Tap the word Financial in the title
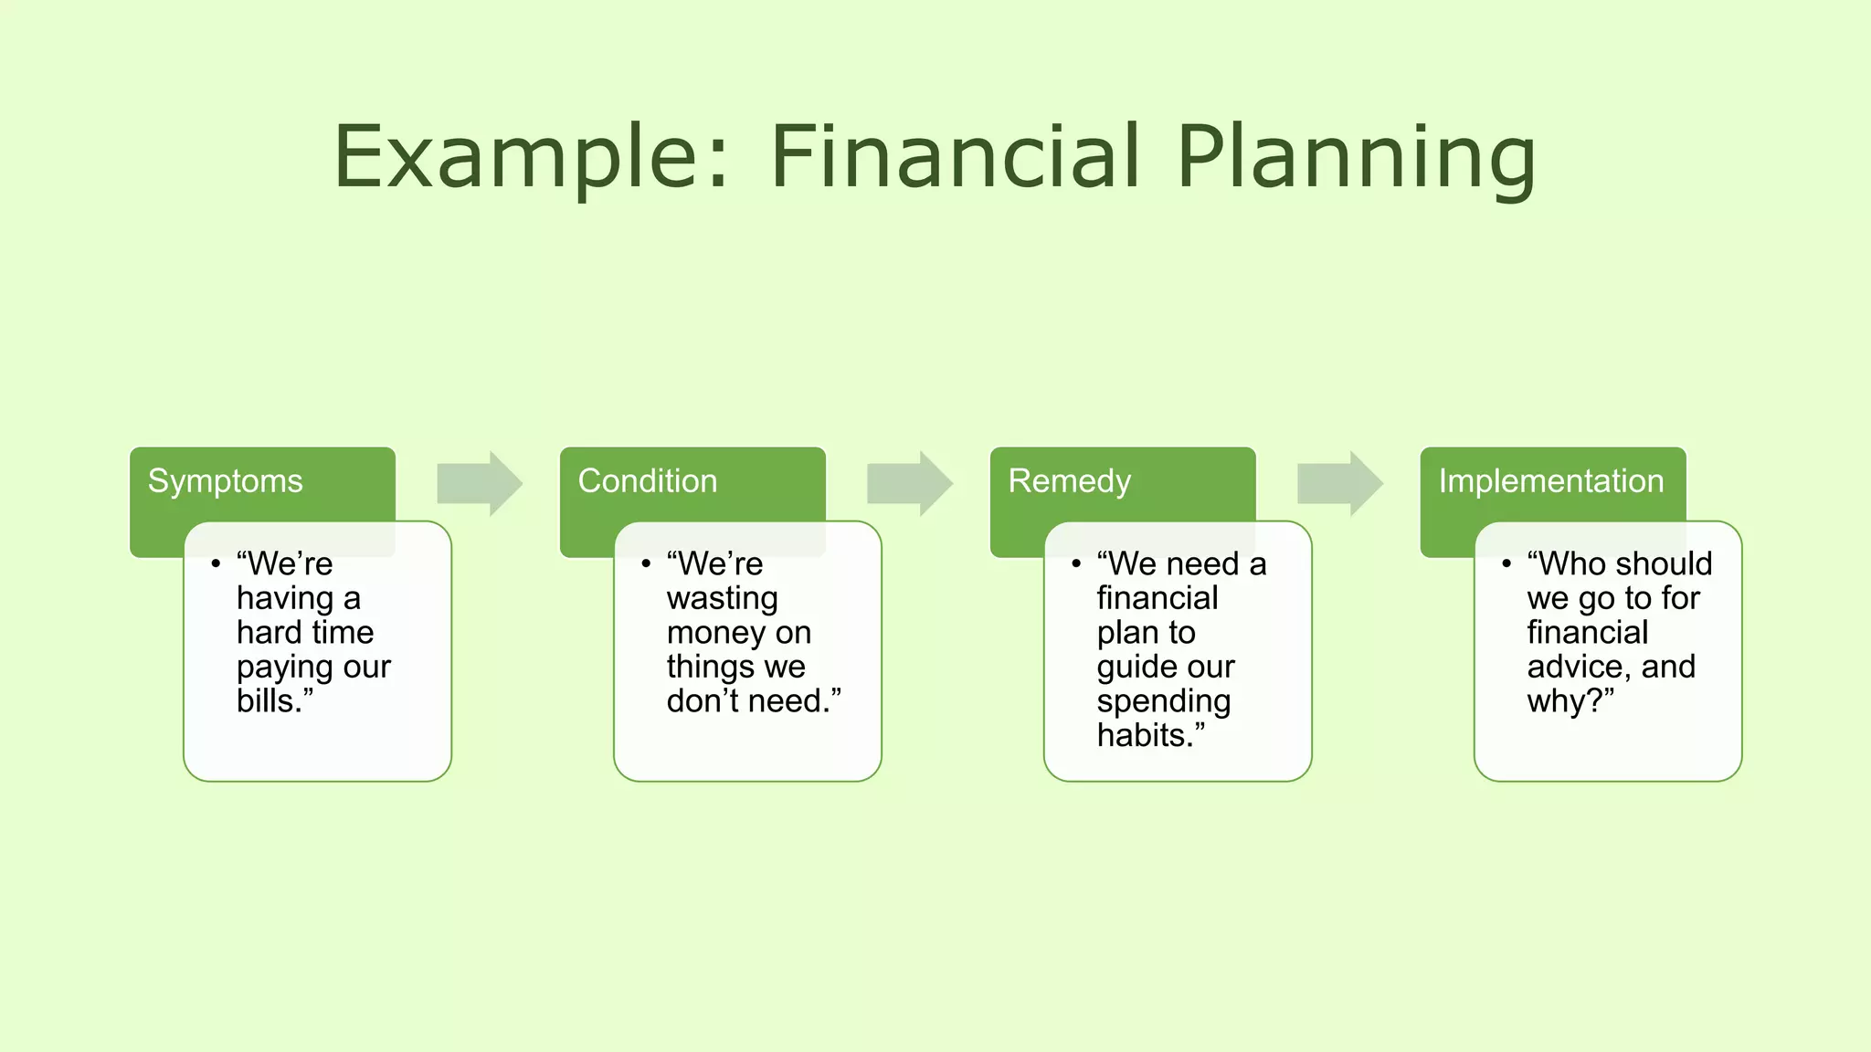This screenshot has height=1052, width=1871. click(956, 157)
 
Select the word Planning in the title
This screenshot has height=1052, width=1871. click(1356, 157)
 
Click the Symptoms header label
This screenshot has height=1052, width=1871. click(225, 481)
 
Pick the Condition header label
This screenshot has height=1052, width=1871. click(648, 481)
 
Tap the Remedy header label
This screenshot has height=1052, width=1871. click(1070, 481)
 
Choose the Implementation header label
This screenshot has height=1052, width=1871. click(1551, 481)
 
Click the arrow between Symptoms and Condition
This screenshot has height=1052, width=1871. click(479, 483)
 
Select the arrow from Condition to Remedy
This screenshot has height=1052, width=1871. click(909, 483)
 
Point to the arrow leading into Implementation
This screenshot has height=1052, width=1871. click(1339, 483)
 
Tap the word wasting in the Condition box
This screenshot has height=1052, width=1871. click(722, 598)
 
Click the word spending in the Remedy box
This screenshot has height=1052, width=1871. click(1163, 702)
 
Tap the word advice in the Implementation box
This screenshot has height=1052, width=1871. click(1578, 667)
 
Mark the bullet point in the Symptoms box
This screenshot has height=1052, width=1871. click(216, 564)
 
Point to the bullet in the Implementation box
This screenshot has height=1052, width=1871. click(1506, 564)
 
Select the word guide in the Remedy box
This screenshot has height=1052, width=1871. click(1137, 668)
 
